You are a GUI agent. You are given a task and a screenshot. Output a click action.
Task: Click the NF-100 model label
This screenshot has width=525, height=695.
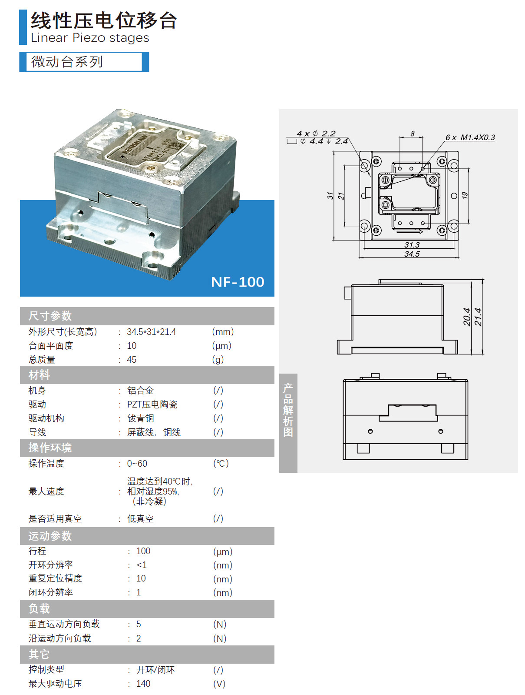238,282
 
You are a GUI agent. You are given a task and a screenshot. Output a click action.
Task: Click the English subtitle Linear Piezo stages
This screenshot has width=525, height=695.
90,38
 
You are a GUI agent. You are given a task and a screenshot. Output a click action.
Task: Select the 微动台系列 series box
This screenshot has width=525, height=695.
84,62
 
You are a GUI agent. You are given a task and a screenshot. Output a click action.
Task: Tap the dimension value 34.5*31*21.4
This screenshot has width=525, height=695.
151,332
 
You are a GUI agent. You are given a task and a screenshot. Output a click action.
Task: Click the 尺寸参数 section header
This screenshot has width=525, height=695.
50,316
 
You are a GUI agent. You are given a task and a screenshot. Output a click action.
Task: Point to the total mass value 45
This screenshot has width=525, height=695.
132,360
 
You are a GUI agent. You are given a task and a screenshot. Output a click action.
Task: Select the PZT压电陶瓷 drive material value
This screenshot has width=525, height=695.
152,404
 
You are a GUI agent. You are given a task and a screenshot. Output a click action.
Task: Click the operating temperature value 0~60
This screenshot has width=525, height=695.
137,464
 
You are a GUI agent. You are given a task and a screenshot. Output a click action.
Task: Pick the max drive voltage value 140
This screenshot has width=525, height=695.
143,684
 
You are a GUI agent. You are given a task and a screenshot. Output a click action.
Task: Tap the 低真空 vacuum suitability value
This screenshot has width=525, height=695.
140,519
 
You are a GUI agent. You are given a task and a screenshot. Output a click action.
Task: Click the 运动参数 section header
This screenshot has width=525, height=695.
50,536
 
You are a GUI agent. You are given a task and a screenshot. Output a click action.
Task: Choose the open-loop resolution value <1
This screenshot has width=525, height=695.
142,565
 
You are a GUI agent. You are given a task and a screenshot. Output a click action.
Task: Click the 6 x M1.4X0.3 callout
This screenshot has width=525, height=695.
470,137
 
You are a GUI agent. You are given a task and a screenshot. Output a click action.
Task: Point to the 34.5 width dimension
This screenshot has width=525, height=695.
412,254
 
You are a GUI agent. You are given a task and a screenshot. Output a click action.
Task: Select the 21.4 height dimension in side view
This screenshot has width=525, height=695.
478,317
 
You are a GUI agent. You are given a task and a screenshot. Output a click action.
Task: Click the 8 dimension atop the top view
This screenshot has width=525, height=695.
412,134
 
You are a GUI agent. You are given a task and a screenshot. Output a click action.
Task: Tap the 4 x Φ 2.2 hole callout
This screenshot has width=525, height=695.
316,134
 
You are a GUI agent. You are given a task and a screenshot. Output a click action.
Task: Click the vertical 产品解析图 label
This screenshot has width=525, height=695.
288,410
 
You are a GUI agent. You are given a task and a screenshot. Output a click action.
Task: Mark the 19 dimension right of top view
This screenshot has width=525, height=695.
465,196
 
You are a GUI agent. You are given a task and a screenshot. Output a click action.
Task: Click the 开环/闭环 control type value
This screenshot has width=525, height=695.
155,670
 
